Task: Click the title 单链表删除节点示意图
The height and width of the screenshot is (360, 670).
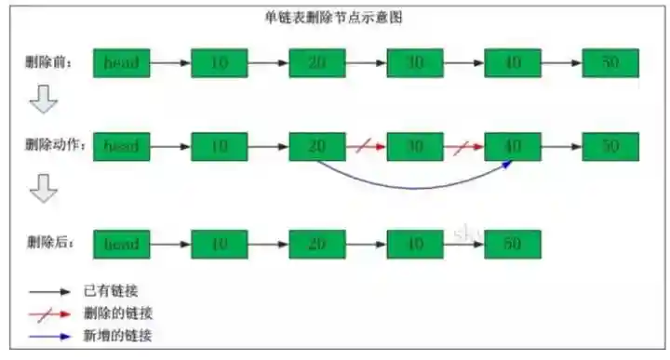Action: coord(335,18)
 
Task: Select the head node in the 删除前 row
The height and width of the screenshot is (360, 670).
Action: coord(122,63)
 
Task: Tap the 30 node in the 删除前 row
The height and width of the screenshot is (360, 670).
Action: coord(415,63)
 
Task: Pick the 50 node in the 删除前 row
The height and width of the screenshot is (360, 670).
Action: coord(610,63)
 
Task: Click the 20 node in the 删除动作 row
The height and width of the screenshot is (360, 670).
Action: coord(317,146)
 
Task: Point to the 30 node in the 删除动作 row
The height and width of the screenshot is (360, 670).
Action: coord(415,146)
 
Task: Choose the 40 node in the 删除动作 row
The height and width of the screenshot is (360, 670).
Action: coord(513,146)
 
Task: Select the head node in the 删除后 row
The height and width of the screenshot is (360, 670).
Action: coord(122,244)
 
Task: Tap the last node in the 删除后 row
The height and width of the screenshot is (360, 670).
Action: coord(513,244)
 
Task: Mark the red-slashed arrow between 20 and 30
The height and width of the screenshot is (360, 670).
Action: coord(366,146)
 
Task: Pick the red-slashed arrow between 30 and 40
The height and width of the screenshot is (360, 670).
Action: coord(463,146)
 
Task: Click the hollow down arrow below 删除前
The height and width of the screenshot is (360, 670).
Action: coord(43,100)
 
